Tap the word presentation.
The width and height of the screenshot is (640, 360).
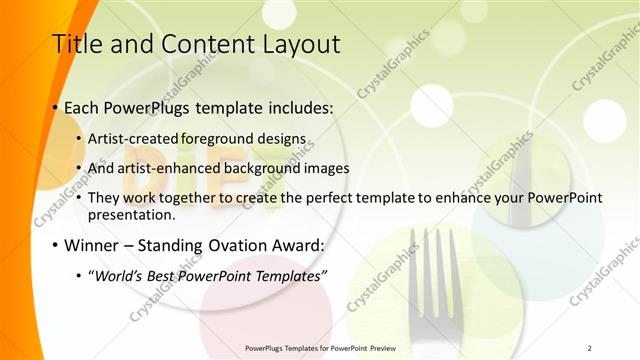click(x=132, y=215)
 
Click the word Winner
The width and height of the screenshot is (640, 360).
click(x=92, y=245)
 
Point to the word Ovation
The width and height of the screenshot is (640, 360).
click(x=236, y=245)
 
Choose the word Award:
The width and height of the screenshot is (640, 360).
click(x=298, y=245)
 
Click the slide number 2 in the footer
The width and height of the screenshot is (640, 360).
click(x=589, y=348)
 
